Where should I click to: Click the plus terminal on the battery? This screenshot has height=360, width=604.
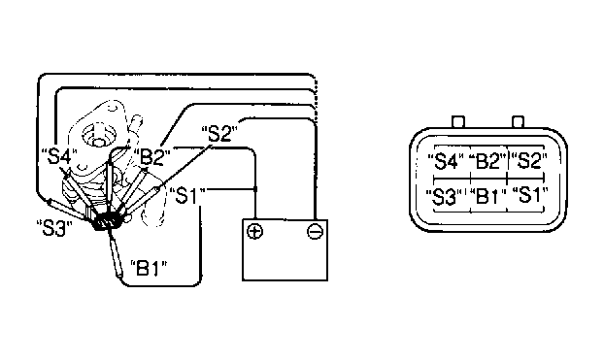click(x=254, y=231)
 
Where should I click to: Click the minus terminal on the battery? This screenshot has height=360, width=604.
click(x=315, y=231)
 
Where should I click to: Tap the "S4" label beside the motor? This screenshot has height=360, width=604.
click(x=58, y=156)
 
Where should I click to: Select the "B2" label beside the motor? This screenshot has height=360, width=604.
click(x=152, y=156)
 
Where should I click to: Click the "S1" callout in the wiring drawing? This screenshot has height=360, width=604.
click(x=186, y=196)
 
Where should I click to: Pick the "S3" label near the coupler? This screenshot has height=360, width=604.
click(x=54, y=228)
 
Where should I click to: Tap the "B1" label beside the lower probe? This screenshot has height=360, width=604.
click(x=149, y=269)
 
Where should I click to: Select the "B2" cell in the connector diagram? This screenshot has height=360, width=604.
click(x=487, y=161)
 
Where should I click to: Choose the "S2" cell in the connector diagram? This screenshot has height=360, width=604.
click(x=529, y=160)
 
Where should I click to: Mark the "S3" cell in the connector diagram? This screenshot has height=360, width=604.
click(x=444, y=196)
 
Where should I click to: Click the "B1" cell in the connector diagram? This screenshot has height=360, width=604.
click(x=487, y=196)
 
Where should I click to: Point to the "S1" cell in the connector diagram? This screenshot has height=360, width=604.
click(x=529, y=195)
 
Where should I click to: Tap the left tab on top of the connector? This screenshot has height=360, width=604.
click(x=458, y=121)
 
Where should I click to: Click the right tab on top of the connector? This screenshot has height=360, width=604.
click(x=518, y=121)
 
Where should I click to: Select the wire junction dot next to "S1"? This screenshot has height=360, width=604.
click(x=255, y=189)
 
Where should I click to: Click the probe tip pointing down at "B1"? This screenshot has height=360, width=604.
click(x=119, y=275)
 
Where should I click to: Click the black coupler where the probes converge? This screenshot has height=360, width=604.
click(x=108, y=220)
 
